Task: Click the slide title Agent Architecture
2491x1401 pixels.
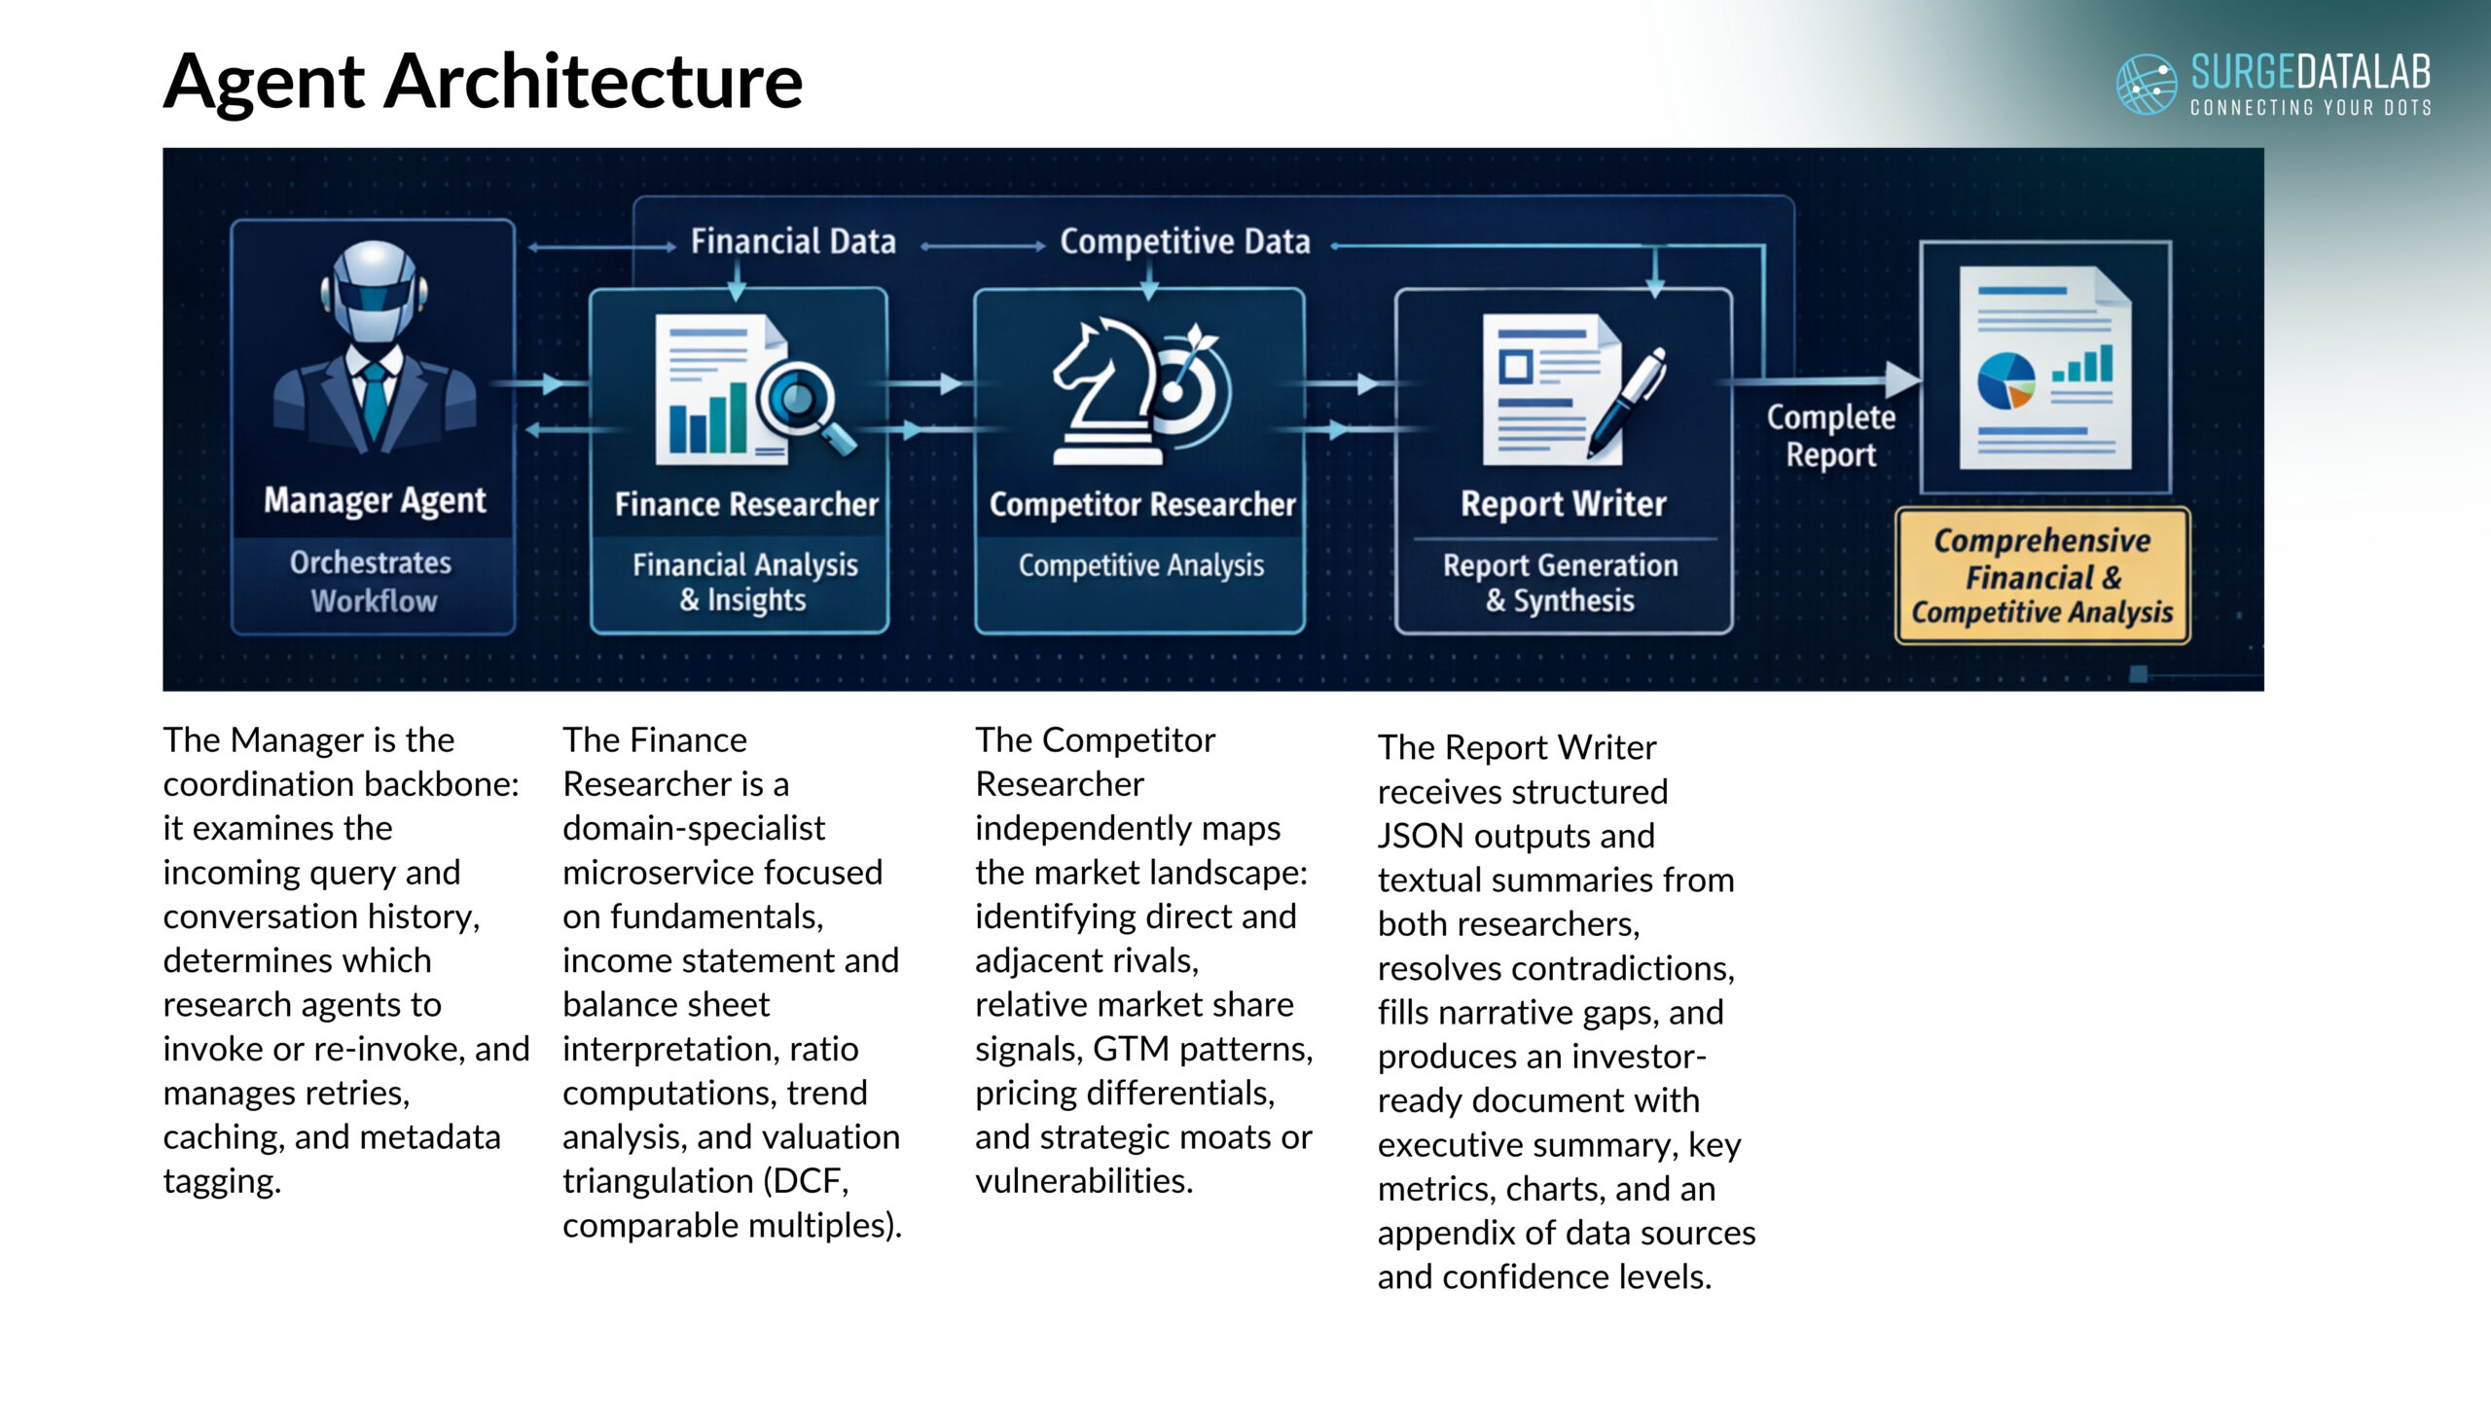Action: point(483,82)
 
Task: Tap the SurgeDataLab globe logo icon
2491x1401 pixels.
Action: point(2147,84)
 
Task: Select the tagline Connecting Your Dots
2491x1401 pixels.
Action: point(2311,107)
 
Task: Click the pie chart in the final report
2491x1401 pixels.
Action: point(2005,380)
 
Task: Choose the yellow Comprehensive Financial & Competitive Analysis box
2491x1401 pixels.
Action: point(2042,576)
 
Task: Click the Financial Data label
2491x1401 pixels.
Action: point(793,241)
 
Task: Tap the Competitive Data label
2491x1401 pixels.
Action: point(1184,242)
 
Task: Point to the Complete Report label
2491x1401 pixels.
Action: point(1831,436)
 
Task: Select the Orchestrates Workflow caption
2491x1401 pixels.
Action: point(372,581)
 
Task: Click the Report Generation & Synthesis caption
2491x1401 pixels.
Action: point(1561,582)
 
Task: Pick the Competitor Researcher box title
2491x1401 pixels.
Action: point(1142,504)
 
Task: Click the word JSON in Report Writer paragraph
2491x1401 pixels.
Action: point(1421,836)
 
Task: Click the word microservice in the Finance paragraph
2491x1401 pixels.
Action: point(722,873)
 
